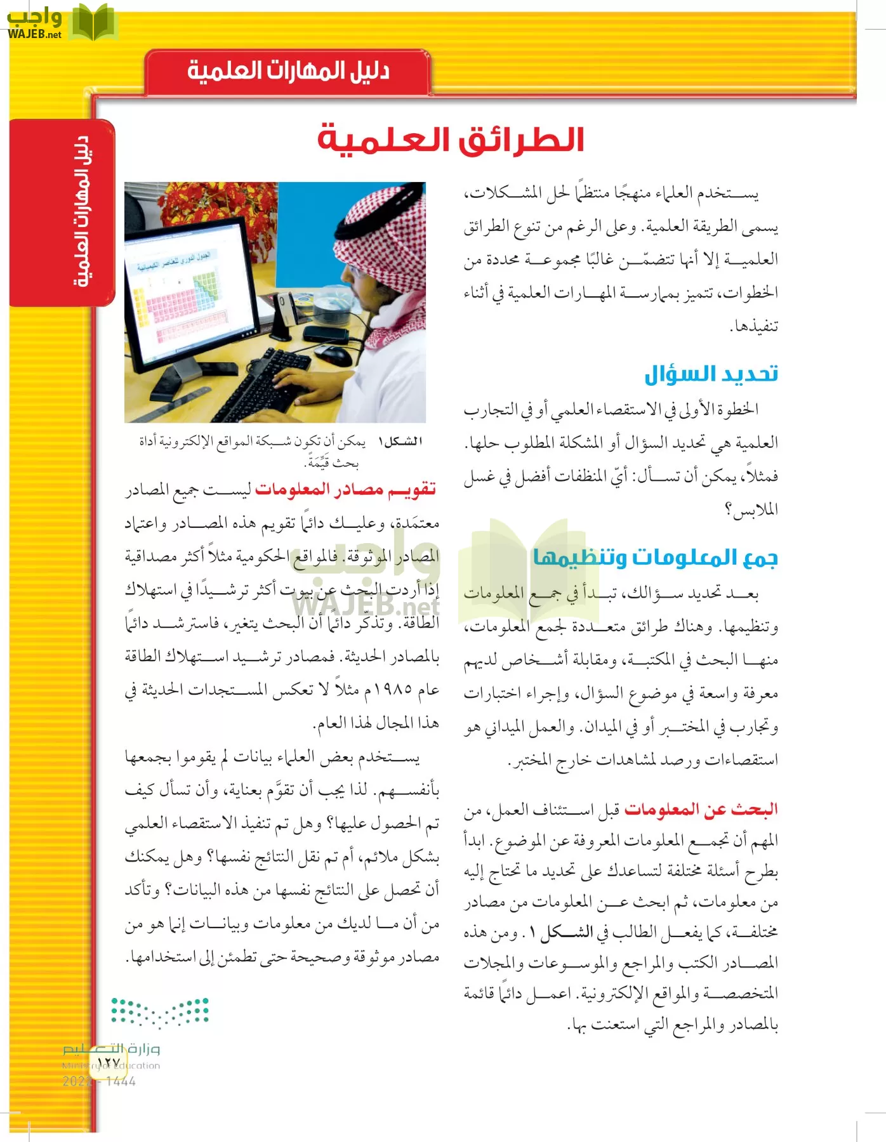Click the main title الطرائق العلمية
click(x=451, y=140)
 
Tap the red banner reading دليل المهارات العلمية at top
click(x=288, y=70)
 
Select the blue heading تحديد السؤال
click(x=711, y=374)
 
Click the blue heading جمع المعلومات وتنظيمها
click(x=655, y=557)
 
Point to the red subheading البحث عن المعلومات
click(x=701, y=809)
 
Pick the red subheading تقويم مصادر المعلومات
click(x=345, y=489)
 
